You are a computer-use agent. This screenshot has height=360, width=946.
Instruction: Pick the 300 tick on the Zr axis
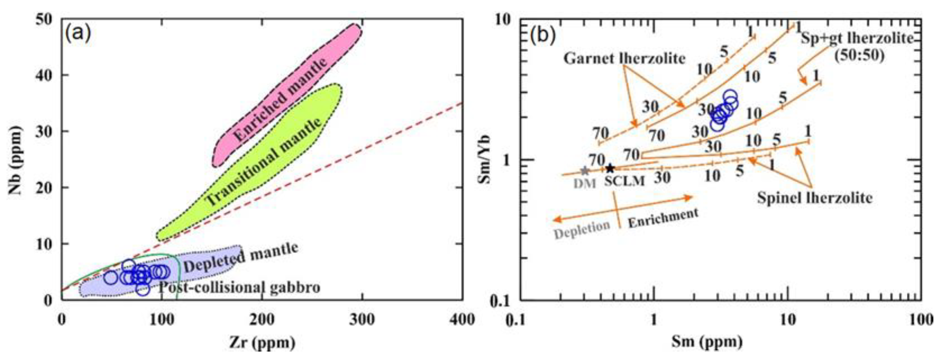pos(362,320)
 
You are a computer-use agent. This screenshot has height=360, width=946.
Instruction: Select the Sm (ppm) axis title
pos(707,342)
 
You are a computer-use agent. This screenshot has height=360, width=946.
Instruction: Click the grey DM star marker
pos(585,171)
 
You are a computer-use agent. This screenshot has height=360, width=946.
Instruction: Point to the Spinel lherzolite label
pos(815,198)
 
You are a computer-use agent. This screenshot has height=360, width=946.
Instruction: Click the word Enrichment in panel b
pos(663,218)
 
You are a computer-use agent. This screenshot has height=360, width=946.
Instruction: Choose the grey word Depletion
pos(582,230)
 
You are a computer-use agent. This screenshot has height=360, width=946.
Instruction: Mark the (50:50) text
pos(859,55)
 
